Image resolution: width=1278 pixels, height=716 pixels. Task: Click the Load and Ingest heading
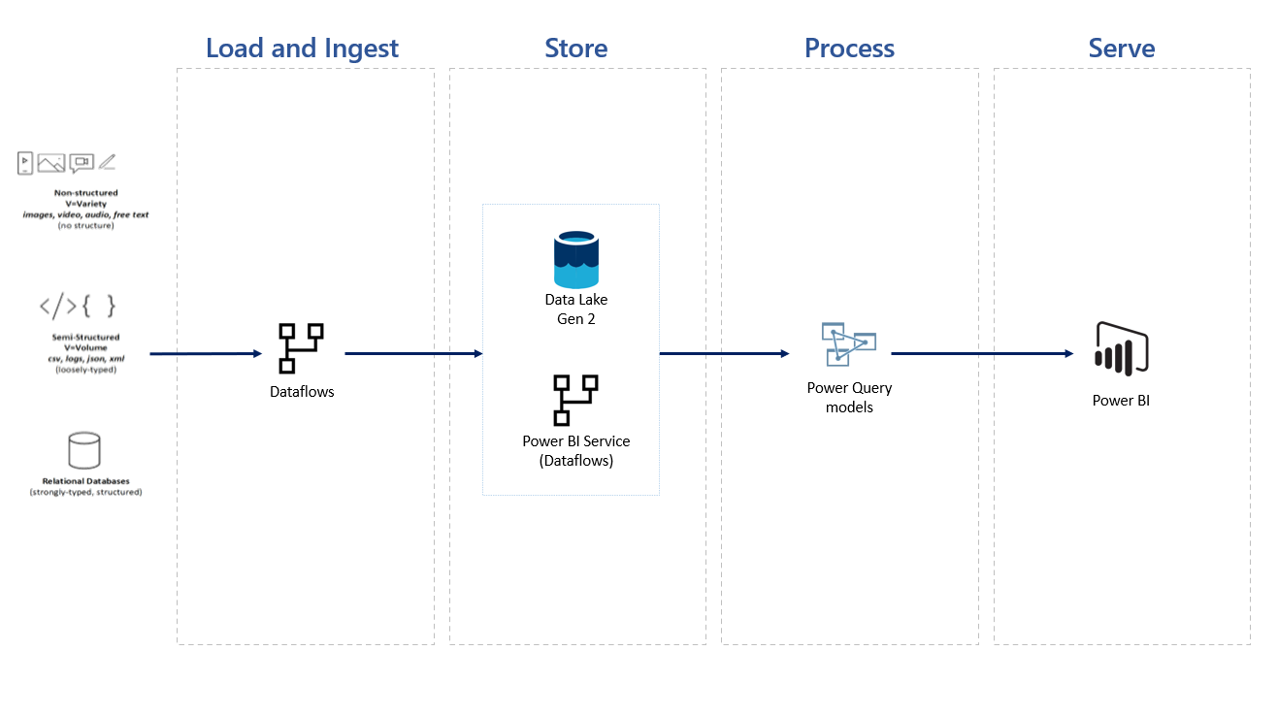302,49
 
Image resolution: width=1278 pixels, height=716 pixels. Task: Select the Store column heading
576,49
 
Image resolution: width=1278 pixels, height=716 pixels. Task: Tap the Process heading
849,49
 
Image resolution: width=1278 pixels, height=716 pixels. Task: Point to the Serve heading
1122,49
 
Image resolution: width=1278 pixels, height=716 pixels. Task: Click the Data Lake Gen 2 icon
576,259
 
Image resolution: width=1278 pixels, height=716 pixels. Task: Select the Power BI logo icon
1121,347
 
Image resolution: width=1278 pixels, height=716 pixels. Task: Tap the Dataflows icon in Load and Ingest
301,348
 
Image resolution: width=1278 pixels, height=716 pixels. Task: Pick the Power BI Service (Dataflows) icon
575,400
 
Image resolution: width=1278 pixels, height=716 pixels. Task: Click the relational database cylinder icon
84,450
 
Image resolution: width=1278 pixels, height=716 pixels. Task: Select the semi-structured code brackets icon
78,307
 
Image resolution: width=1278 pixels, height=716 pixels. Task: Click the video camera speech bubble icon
82,163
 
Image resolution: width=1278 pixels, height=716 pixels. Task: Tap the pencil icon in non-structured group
107,162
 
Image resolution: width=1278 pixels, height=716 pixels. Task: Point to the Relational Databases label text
85,481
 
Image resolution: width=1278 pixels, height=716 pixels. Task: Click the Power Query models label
849,398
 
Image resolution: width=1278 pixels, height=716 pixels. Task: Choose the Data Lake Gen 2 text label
576,309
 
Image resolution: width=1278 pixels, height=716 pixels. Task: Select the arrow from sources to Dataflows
206,354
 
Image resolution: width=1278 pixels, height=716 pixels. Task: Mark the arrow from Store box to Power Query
724,354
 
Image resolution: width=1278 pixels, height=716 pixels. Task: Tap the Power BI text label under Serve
1121,401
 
